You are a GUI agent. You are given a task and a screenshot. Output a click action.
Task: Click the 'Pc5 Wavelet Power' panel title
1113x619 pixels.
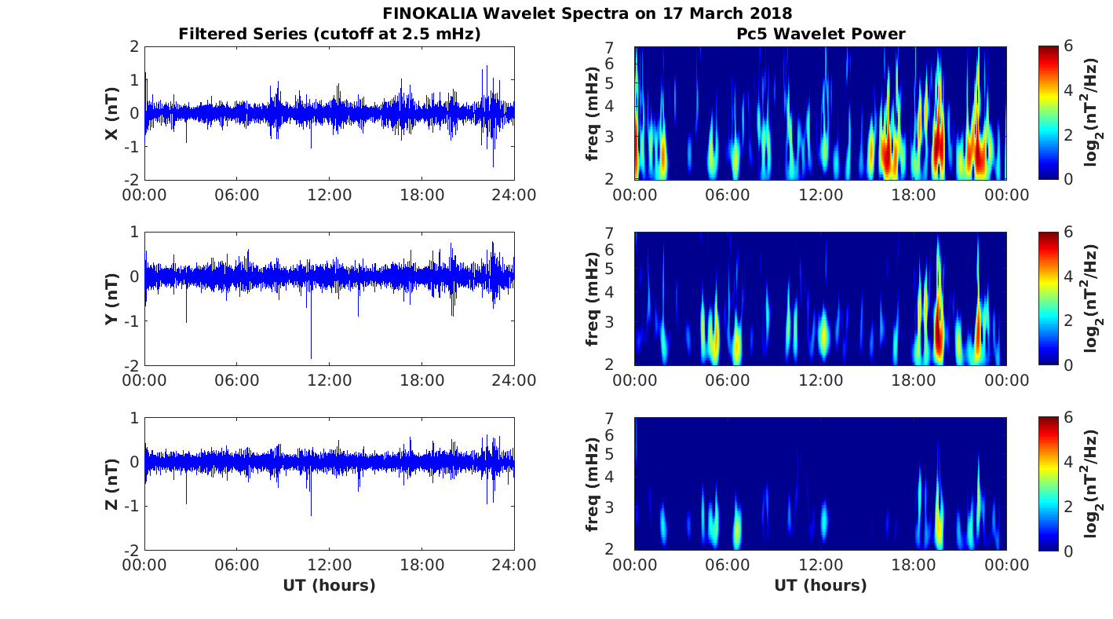(820, 34)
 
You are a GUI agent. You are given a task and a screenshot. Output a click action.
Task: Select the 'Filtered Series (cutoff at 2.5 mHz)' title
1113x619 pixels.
(330, 34)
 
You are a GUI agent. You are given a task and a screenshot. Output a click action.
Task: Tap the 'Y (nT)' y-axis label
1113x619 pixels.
(112, 299)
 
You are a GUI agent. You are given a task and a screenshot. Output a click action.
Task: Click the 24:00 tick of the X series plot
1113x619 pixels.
(514, 195)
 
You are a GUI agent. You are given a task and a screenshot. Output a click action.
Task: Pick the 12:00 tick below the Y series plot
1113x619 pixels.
(329, 380)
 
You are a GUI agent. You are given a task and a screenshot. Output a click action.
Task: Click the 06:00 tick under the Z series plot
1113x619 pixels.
(236, 566)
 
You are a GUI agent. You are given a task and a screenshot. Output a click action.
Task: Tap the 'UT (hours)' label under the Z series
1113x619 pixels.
(329, 585)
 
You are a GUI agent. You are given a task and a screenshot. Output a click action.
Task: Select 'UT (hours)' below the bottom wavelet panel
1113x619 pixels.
(820, 585)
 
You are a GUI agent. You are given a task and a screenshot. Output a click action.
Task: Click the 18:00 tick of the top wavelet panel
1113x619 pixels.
(914, 195)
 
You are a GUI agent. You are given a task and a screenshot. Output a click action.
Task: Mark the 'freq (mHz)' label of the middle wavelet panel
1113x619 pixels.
(593, 299)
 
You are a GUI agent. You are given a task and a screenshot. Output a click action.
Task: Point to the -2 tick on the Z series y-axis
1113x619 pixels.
(133, 550)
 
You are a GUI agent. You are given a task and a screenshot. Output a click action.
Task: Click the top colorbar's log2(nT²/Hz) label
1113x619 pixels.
(1092, 113)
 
